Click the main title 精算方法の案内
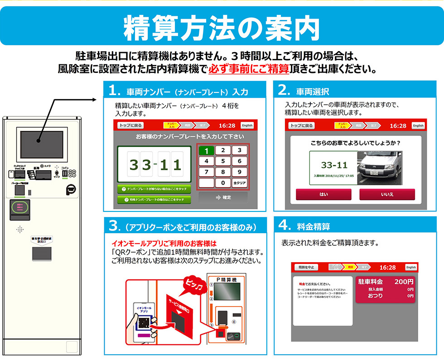(x=222, y=28)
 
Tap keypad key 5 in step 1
(x=223, y=161)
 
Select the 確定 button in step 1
(x=223, y=197)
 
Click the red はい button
(x=323, y=194)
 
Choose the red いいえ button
(x=387, y=194)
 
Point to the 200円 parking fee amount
(x=404, y=282)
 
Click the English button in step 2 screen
(x=418, y=125)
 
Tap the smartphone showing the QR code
(x=144, y=322)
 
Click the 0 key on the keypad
(x=223, y=183)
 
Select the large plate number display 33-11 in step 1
(x=155, y=164)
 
